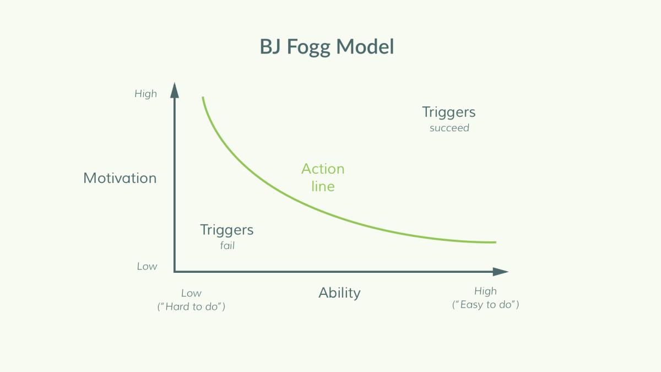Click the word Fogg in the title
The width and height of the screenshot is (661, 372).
point(308,47)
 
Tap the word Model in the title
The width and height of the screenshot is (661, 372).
point(365,47)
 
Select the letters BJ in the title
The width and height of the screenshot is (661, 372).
point(270,47)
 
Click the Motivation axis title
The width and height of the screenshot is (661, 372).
point(120,178)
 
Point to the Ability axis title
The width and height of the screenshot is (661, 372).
point(339,293)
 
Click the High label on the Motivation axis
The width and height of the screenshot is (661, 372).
point(146,94)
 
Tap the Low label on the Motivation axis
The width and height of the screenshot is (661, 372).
point(147,266)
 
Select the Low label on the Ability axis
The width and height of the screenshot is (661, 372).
point(191,293)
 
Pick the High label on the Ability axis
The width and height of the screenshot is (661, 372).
point(485,292)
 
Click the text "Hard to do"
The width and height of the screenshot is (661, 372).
point(191,306)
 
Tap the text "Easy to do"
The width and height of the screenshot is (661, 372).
point(485,304)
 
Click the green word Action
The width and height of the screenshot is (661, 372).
point(323,169)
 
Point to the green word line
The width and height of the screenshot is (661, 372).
point(323,186)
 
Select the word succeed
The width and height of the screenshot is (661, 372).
point(449,128)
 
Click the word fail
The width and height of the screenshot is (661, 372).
point(227,245)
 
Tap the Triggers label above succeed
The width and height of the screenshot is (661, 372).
point(449,112)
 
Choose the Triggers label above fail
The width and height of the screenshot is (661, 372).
point(226,230)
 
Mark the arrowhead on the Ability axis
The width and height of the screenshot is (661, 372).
point(501,272)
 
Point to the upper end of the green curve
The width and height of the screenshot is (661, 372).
point(203,97)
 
